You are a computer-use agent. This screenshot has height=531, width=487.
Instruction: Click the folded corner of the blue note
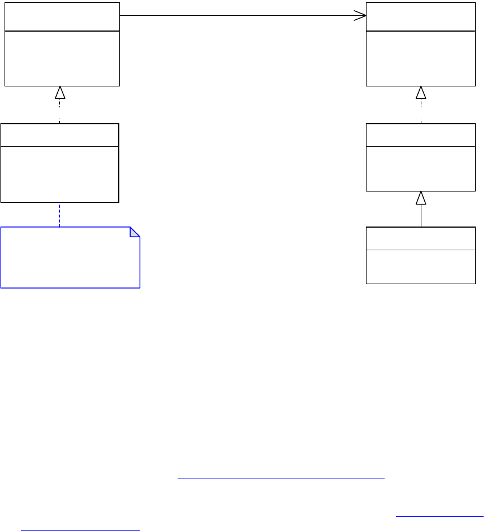click(x=135, y=232)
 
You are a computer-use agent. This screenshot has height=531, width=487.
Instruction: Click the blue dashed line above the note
click(x=59, y=215)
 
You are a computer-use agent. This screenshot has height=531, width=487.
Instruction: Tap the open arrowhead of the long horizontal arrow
click(x=361, y=16)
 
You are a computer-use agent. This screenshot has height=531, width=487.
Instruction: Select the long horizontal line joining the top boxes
click(x=238, y=16)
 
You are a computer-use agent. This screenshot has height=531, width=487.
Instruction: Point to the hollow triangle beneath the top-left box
click(x=59, y=93)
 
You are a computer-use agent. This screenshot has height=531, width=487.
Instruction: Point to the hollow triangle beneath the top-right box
click(x=421, y=93)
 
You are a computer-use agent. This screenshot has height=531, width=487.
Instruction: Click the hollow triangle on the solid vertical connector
click(x=421, y=198)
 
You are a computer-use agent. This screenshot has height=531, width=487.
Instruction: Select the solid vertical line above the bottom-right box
click(x=421, y=216)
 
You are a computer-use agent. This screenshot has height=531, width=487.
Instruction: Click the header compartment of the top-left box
click(x=62, y=17)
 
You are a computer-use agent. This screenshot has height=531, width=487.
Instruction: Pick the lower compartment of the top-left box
click(x=62, y=59)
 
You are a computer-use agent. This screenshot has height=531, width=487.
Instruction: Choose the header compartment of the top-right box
click(x=421, y=17)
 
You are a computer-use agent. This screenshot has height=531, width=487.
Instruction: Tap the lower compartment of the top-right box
click(x=421, y=59)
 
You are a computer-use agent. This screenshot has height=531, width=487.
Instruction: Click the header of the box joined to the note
click(x=60, y=135)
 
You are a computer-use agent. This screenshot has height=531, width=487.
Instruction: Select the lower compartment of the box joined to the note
click(x=60, y=174)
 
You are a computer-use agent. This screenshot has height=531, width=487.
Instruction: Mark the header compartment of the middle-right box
click(x=421, y=135)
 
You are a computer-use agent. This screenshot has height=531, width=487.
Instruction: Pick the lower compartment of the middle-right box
click(x=421, y=168)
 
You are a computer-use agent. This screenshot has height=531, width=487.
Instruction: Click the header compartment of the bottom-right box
click(x=421, y=238)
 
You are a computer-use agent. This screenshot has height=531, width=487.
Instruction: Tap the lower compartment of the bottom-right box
click(x=421, y=266)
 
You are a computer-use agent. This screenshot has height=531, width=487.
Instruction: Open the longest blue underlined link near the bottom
click(x=281, y=478)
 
